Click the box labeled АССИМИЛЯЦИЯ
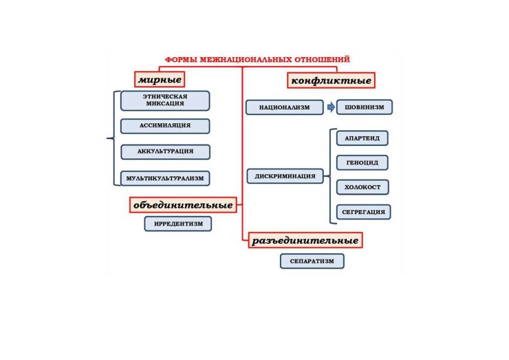(165, 126)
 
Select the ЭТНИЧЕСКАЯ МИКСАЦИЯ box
(165, 100)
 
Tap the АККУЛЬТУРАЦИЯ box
(165, 151)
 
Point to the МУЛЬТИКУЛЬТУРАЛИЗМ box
(165, 178)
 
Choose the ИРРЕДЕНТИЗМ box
(178, 224)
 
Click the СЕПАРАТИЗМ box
(312, 262)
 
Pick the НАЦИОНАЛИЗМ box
(284, 107)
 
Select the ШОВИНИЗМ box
(365, 107)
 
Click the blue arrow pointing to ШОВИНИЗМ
(331, 107)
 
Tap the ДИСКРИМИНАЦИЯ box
(285, 176)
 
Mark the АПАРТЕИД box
(362, 138)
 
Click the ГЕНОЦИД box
(362, 162)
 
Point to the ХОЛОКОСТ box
(362, 187)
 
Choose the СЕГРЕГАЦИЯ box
(363, 212)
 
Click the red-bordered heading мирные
(160, 79)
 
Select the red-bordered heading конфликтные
(331, 81)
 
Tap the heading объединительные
(183, 205)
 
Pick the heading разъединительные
(305, 240)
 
